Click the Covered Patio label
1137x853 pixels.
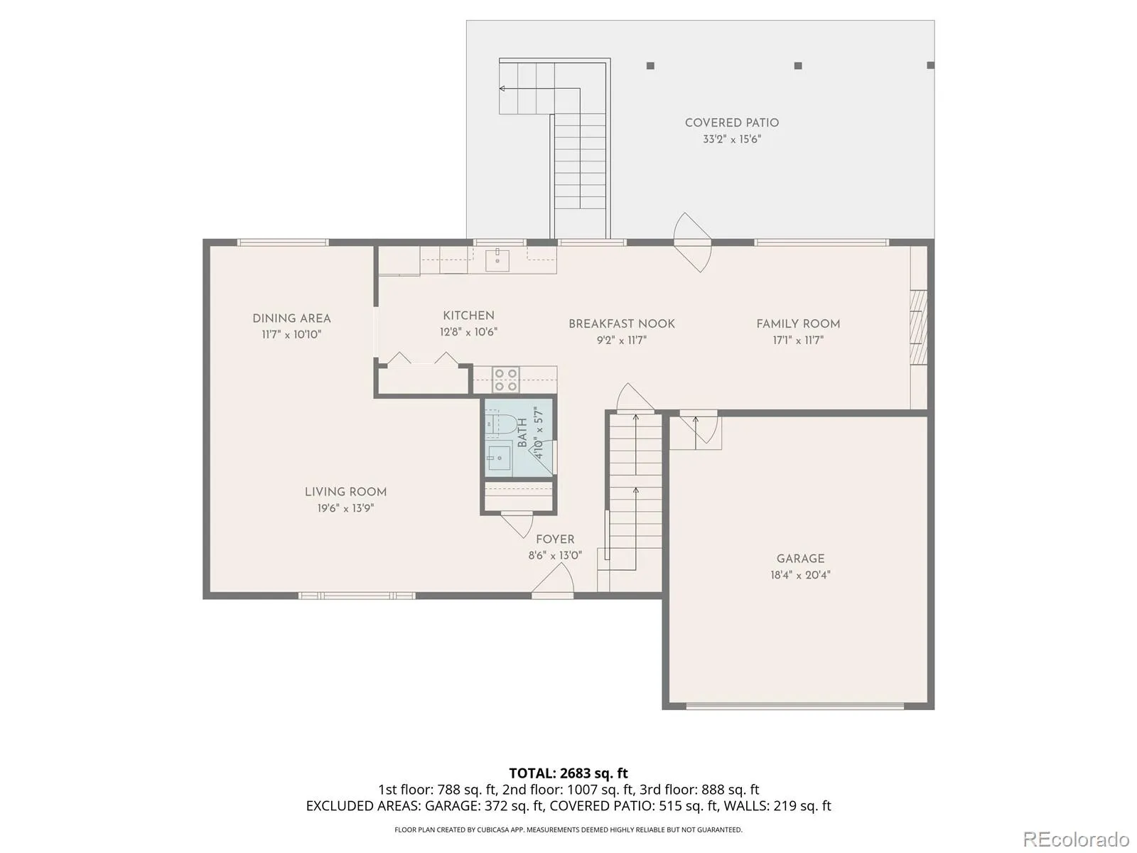(731, 123)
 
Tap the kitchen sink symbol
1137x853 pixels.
(497, 259)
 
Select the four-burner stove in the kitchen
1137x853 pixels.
(505, 380)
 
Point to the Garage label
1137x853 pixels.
(800, 558)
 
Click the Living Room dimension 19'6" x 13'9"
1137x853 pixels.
(345, 508)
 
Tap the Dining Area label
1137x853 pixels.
(291, 318)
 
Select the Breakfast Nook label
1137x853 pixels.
(622, 323)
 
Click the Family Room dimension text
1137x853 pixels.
(798, 340)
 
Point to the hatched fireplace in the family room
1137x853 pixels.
(918, 327)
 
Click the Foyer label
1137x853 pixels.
(555, 539)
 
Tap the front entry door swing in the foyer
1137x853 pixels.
(553, 579)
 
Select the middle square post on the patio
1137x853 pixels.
(798, 66)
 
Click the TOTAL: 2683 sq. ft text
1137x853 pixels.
(568, 773)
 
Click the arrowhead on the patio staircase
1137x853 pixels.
(502, 89)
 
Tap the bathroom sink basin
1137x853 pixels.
(499, 458)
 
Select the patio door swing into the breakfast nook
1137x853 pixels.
(693, 242)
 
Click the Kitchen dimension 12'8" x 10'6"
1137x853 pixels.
(468, 332)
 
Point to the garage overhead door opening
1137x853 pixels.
(795, 706)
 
